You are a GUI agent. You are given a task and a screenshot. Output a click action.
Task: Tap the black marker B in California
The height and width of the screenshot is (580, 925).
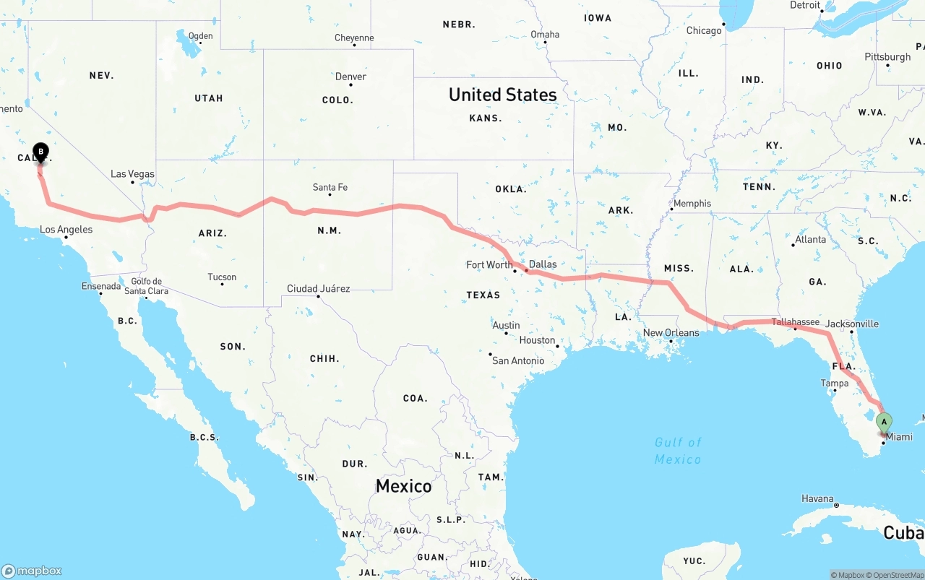pos(41,152)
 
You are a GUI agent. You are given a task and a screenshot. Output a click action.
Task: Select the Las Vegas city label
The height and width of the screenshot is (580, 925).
pos(132,174)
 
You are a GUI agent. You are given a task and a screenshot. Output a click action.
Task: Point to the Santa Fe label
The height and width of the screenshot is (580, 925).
pos(330,188)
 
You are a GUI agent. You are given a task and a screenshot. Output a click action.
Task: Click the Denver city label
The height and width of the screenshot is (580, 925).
pos(350,77)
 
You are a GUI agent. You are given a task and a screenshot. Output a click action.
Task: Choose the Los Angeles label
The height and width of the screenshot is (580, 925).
pos(66,230)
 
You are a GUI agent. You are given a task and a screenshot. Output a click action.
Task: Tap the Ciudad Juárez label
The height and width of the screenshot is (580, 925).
pos(318,289)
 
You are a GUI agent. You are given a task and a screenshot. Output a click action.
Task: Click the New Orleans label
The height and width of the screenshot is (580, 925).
pos(671,333)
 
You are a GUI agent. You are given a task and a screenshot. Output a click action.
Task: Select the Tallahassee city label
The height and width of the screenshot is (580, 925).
pos(795,322)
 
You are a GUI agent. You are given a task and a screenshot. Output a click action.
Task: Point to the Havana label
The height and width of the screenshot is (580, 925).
pos(817,499)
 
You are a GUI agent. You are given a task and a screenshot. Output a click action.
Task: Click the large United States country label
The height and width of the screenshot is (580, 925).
pos(502,95)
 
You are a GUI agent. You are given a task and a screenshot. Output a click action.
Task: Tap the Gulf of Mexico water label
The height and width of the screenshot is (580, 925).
pos(678,451)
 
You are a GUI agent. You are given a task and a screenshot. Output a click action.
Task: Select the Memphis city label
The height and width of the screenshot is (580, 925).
pos(692,204)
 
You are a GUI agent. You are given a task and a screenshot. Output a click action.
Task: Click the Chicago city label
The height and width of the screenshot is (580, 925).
pos(703,30)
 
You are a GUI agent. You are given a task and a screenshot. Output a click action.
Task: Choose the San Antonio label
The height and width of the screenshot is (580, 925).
pos(517,360)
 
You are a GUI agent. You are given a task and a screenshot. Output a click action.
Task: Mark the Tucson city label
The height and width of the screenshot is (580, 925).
pos(221,277)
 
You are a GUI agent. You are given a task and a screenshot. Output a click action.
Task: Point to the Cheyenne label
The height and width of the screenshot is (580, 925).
pos(354,38)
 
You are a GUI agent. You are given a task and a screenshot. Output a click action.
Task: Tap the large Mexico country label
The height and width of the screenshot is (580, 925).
pos(403,486)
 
